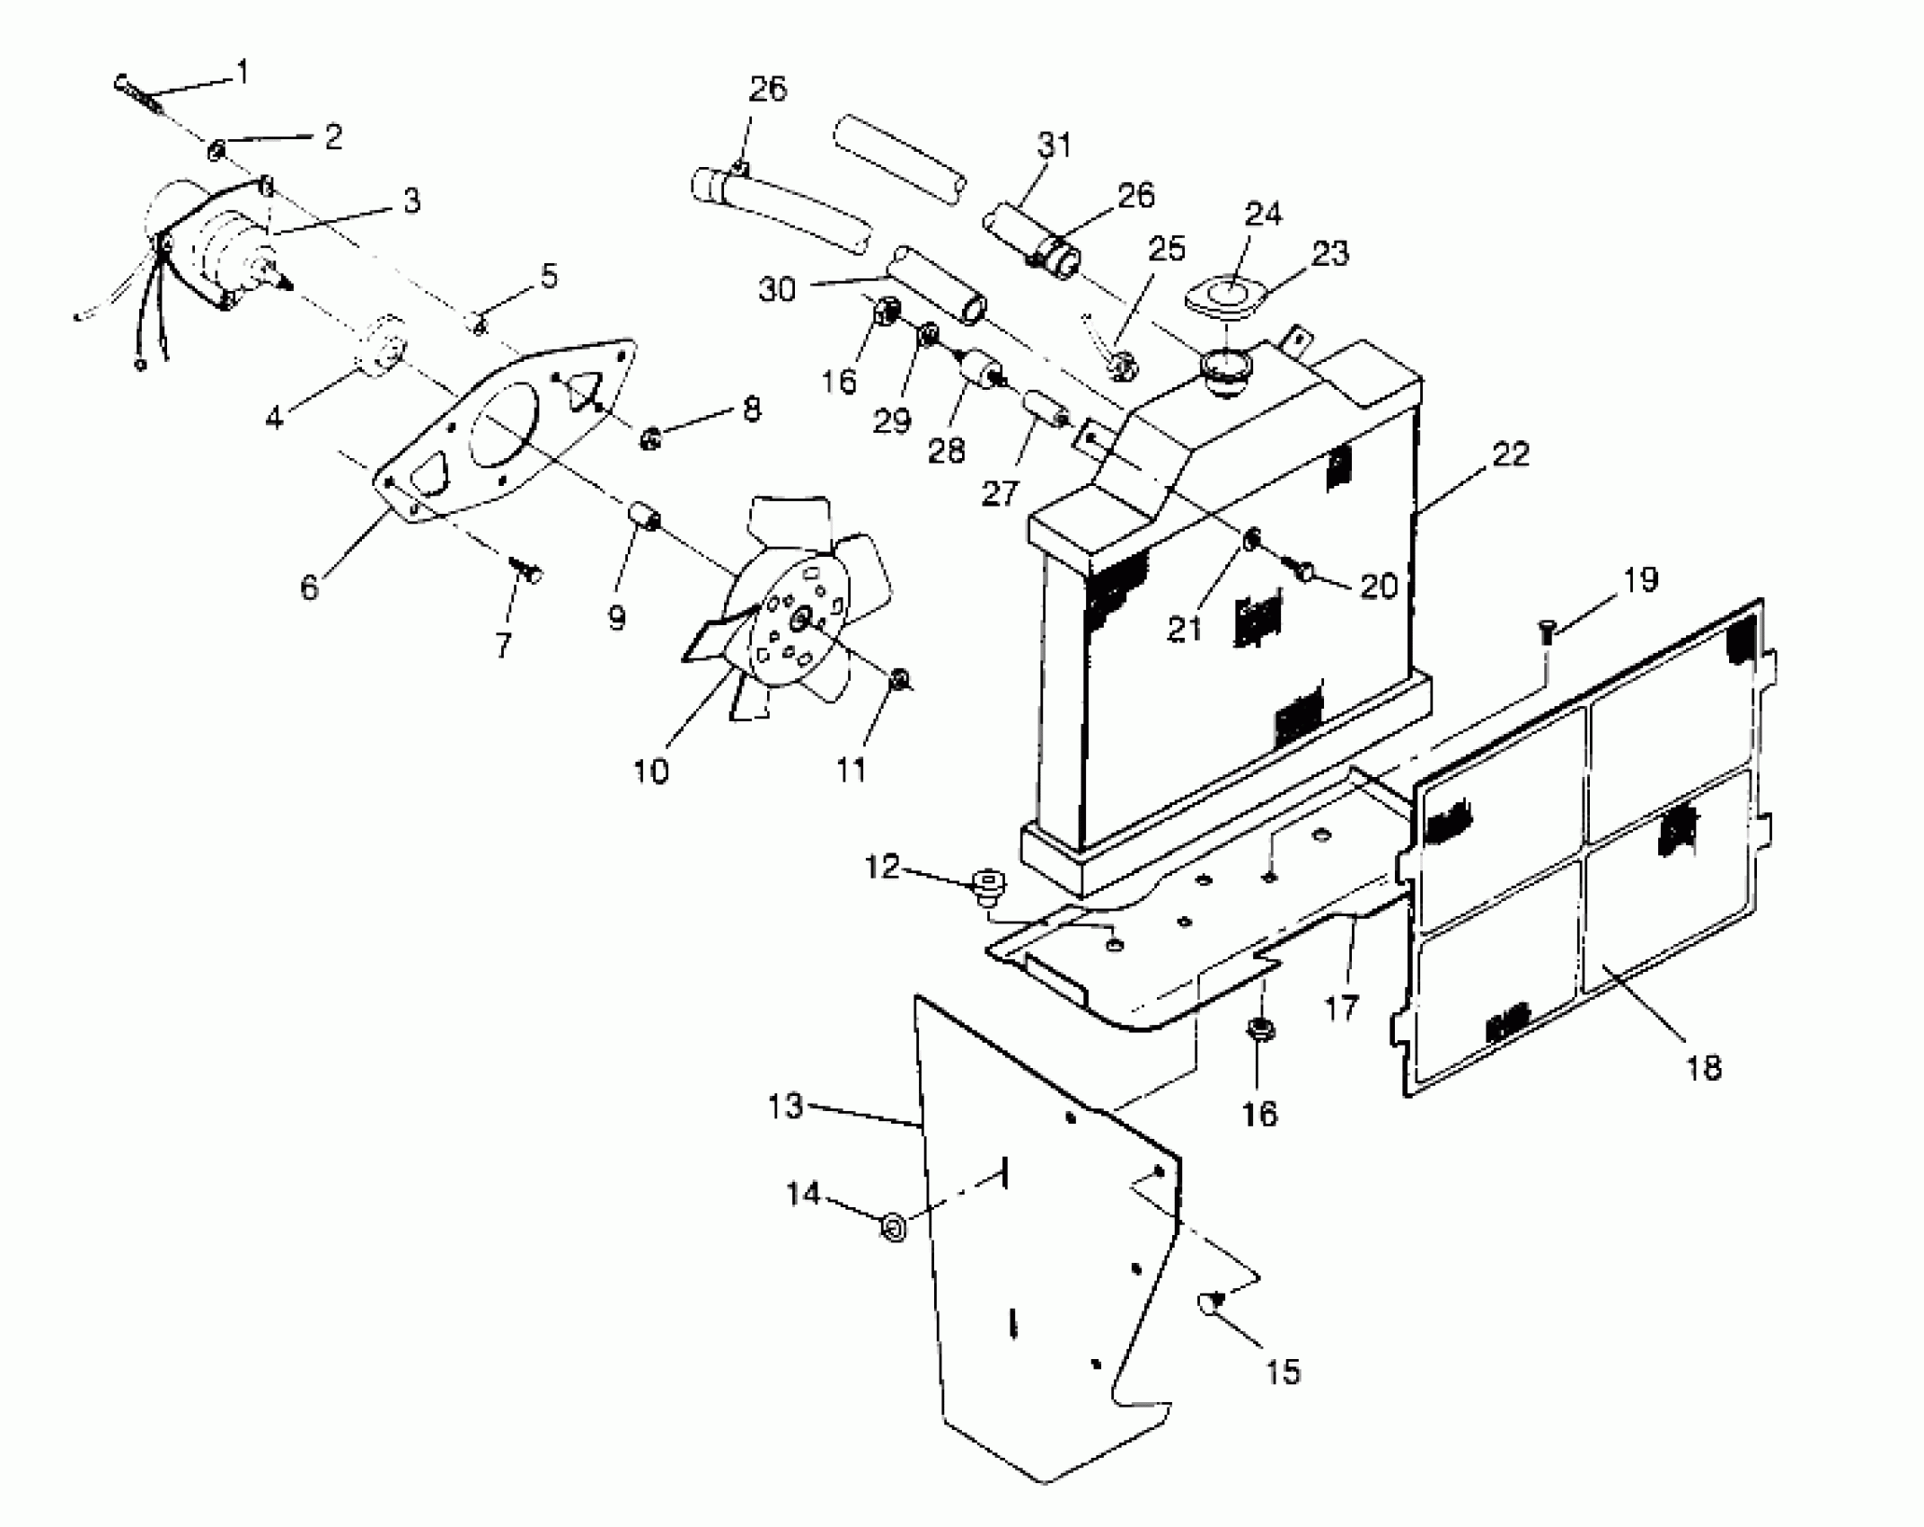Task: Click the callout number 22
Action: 1509,454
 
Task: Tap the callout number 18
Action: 1704,1067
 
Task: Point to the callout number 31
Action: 1054,144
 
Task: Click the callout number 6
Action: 309,587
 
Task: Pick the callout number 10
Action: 650,770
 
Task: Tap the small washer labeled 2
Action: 216,150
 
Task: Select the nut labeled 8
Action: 649,439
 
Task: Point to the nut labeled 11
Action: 898,681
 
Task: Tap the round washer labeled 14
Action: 894,1225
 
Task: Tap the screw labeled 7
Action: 524,568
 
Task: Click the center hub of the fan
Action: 800,618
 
